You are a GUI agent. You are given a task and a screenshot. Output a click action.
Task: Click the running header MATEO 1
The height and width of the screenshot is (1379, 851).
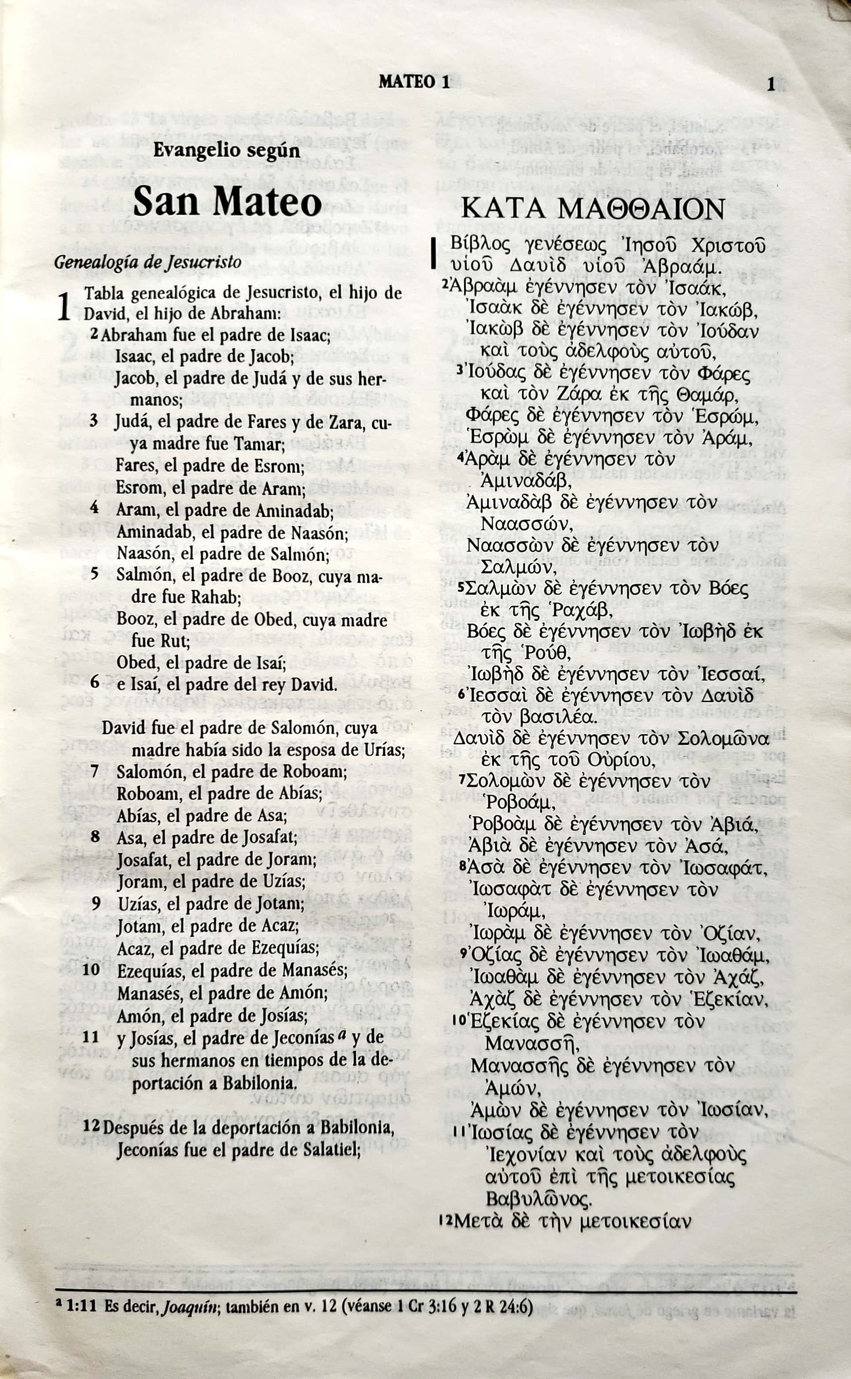coord(414,83)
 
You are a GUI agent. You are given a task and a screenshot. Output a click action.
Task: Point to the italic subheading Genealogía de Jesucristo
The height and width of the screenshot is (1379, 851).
coord(147,262)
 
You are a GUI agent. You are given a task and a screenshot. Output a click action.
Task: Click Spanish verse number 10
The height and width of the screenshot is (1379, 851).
coord(91,969)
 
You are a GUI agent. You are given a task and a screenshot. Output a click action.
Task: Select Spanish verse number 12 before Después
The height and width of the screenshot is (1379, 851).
coord(91,1123)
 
